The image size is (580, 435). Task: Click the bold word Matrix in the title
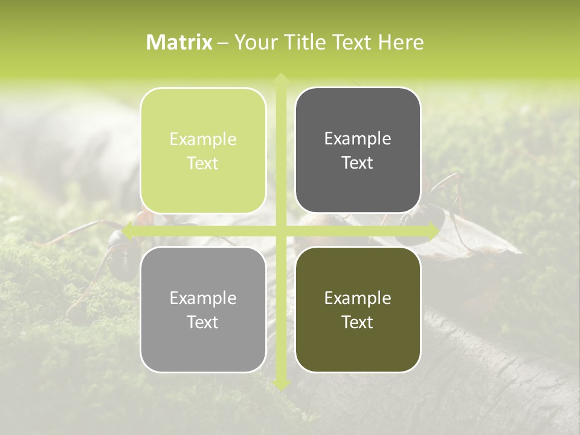tap(179, 42)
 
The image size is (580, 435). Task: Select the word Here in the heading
tap(401, 42)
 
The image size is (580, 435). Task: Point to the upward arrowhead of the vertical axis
tap(280, 78)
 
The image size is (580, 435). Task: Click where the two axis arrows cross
tap(280, 231)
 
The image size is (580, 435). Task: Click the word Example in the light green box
tap(203, 140)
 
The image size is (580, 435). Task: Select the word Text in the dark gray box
tap(358, 163)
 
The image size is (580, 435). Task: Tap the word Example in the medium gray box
tap(203, 298)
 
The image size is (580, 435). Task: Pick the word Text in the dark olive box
tap(358, 322)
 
